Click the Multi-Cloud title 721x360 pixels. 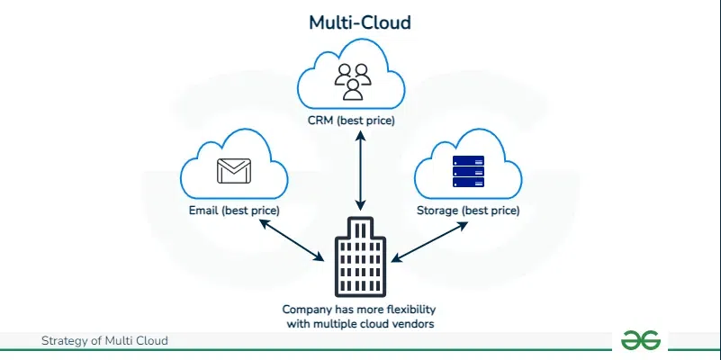[360, 22]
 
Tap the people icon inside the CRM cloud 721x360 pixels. [353, 80]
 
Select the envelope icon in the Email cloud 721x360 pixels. [231, 170]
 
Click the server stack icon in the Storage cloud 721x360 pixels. [468, 171]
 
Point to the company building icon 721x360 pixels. [360, 256]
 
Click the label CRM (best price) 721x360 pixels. [360, 120]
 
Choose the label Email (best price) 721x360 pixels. [234, 210]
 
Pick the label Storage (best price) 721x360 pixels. [468, 210]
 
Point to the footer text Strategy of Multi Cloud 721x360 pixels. [104, 340]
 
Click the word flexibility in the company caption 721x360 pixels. [407, 308]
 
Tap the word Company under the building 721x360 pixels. [309, 308]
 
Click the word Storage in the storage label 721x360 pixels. [437, 210]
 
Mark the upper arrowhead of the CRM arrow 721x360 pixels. [360, 134]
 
